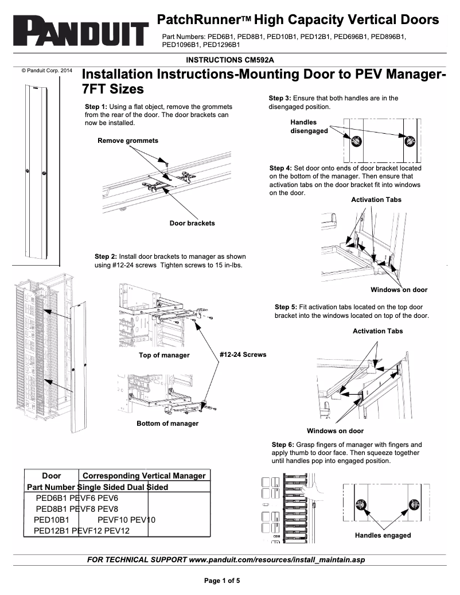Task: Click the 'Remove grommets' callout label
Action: tap(128, 141)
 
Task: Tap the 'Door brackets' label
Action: tap(192, 223)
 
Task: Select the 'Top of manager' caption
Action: tap(164, 355)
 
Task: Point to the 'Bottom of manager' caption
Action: tap(167, 423)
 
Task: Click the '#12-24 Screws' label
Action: tap(243, 355)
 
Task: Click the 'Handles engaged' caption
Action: tap(383, 535)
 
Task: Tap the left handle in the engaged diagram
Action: tap(361, 505)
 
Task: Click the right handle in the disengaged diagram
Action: tap(410, 141)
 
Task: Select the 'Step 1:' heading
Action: tap(96, 107)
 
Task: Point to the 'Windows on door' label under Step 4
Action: tap(399, 290)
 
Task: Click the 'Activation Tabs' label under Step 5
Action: tap(377, 331)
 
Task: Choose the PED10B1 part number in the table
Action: tap(52, 520)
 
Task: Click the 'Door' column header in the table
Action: tap(52, 476)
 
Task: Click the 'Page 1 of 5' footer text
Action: tap(223, 580)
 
